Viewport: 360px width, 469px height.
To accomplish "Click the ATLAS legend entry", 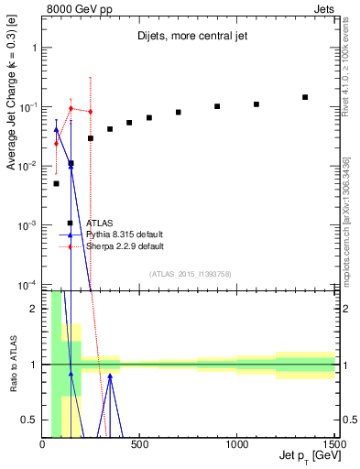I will [100, 223].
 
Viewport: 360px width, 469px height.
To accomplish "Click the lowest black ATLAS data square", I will [56, 183].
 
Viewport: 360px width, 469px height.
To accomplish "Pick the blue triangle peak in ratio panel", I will [110, 375].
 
